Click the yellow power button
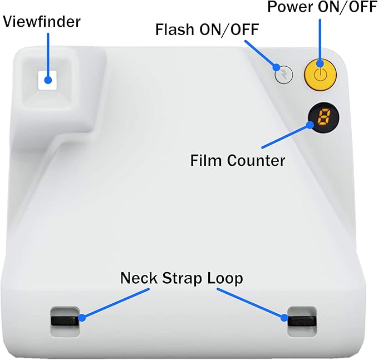(320, 75)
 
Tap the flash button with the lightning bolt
(284, 75)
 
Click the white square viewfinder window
(47, 80)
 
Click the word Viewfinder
(41, 22)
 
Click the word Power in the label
(290, 7)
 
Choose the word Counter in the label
(256, 160)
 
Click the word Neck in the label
(139, 278)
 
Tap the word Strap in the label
(181, 279)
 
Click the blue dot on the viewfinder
(48, 80)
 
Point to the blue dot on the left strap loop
(82, 318)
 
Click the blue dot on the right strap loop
(284, 318)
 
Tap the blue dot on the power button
(320, 63)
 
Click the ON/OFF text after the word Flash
(229, 29)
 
